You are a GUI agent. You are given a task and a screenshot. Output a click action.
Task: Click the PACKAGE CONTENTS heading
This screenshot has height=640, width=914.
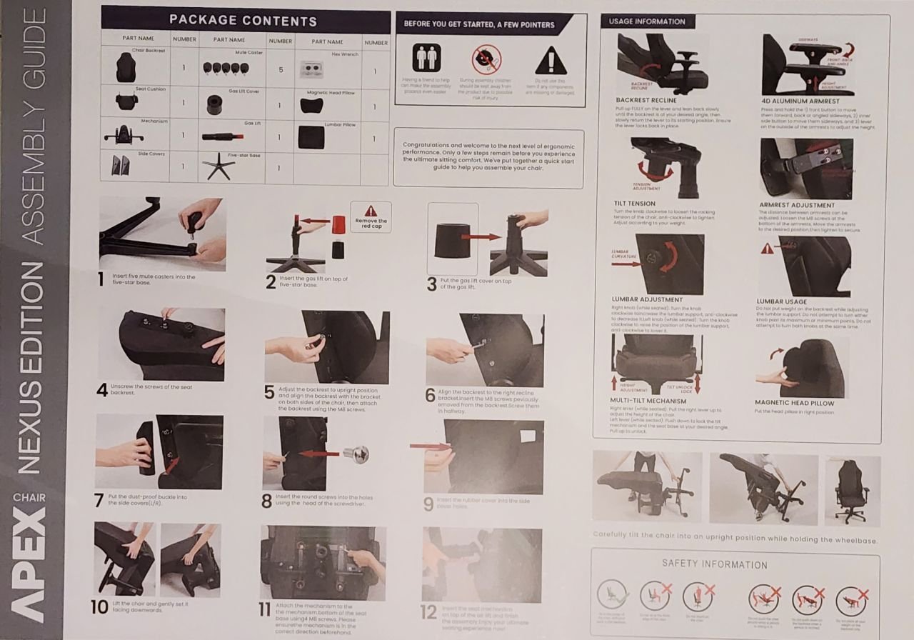tap(243, 20)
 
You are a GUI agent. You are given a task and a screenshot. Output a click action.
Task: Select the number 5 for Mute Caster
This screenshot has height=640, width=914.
tap(281, 70)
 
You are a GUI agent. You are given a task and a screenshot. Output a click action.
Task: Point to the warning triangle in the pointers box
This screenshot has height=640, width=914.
tap(551, 61)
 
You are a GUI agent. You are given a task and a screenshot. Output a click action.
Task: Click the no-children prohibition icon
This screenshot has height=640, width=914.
tap(486, 60)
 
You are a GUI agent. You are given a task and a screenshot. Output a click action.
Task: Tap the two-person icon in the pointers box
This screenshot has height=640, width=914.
tap(426, 58)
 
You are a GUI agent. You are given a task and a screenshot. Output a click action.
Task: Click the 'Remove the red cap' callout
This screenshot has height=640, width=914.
tap(371, 216)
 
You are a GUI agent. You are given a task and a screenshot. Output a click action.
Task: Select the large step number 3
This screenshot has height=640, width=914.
tap(431, 284)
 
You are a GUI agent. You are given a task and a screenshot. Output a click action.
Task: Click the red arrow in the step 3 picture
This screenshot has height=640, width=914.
tap(480, 236)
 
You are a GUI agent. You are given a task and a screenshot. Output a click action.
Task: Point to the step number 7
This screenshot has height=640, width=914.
tap(99, 501)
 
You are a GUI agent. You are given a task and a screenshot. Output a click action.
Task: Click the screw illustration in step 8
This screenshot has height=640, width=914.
tap(356, 453)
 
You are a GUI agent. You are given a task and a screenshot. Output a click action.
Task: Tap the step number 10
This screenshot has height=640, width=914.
tap(99, 608)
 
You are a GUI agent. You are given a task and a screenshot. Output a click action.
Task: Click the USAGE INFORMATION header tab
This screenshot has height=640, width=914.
tap(647, 21)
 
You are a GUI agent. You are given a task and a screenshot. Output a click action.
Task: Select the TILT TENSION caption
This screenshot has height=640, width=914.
tap(635, 204)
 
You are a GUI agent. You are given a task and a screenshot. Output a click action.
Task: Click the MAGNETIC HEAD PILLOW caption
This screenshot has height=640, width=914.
tap(794, 403)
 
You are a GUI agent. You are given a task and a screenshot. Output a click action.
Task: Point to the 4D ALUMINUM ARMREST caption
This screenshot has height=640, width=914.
tap(800, 101)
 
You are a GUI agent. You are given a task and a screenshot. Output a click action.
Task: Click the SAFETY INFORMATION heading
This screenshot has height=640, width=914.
tap(714, 564)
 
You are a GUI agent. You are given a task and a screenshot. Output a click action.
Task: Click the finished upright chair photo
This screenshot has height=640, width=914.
tap(853, 491)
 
